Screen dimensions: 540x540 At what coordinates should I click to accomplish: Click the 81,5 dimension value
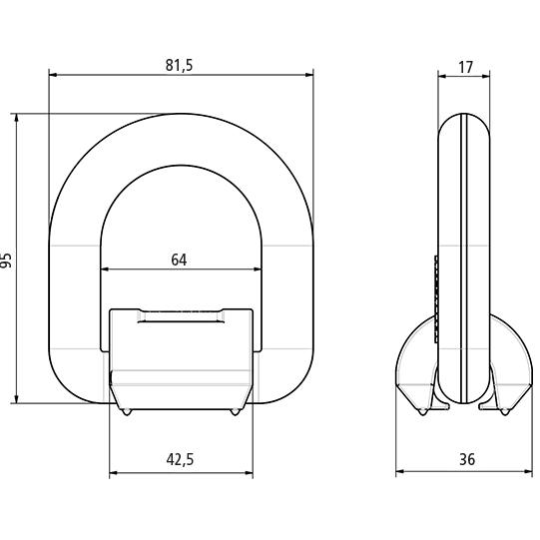[x=179, y=66]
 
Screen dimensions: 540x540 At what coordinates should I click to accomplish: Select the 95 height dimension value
[x=6, y=261]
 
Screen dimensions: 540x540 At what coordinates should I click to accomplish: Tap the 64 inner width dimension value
[x=179, y=260]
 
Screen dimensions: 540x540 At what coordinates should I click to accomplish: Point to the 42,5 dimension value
[x=180, y=459]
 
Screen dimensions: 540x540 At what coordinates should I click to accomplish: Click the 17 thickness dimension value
[x=466, y=68]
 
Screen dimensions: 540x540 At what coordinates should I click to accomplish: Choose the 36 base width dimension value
[x=467, y=459]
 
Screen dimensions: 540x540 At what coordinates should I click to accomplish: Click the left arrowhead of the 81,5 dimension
[x=53, y=75]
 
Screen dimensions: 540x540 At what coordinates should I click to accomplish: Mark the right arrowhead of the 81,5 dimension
[x=309, y=75]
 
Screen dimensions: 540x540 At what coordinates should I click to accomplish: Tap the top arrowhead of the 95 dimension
[x=17, y=118]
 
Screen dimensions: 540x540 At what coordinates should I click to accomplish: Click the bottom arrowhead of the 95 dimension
[x=17, y=399]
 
